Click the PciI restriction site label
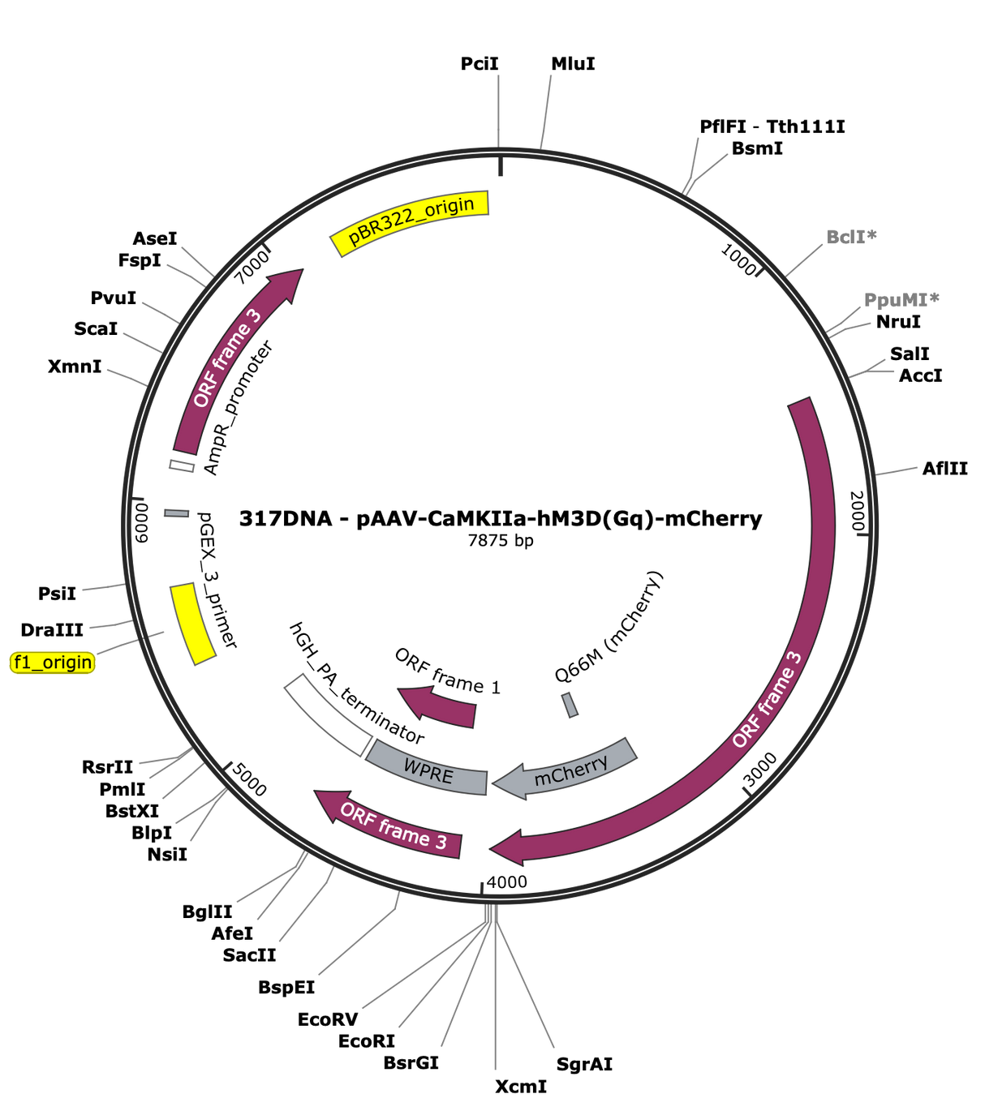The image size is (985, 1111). pyautogui.click(x=479, y=63)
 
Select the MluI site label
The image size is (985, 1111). pyautogui.click(x=573, y=63)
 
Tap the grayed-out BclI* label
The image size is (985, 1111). pyautogui.click(x=851, y=236)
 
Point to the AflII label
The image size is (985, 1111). pyautogui.click(x=944, y=468)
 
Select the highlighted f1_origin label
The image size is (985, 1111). pyautogui.click(x=53, y=663)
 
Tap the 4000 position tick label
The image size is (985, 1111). pyautogui.click(x=506, y=882)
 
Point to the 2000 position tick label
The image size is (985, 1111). pyautogui.click(x=857, y=511)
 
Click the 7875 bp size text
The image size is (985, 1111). pyautogui.click(x=501, y=541)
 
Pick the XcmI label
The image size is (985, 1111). pyautogui.click(x=521, y=1087)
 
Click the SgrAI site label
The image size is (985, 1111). pyautogui.click(x=584, y=1064)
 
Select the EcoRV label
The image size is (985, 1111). pyautogui.click(x=328, y=1019)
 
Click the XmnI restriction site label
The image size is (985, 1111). pyautogui.click(x=75, y=366)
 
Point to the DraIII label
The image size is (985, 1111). pyautogui.click(x=52, y=629)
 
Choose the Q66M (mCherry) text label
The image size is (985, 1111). pyautogui.click(x=609, y=627)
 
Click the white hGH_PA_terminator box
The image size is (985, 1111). pyautogui.click(x=328, y=714)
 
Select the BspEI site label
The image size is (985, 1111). pyautogui.click(x=286, y=987)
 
